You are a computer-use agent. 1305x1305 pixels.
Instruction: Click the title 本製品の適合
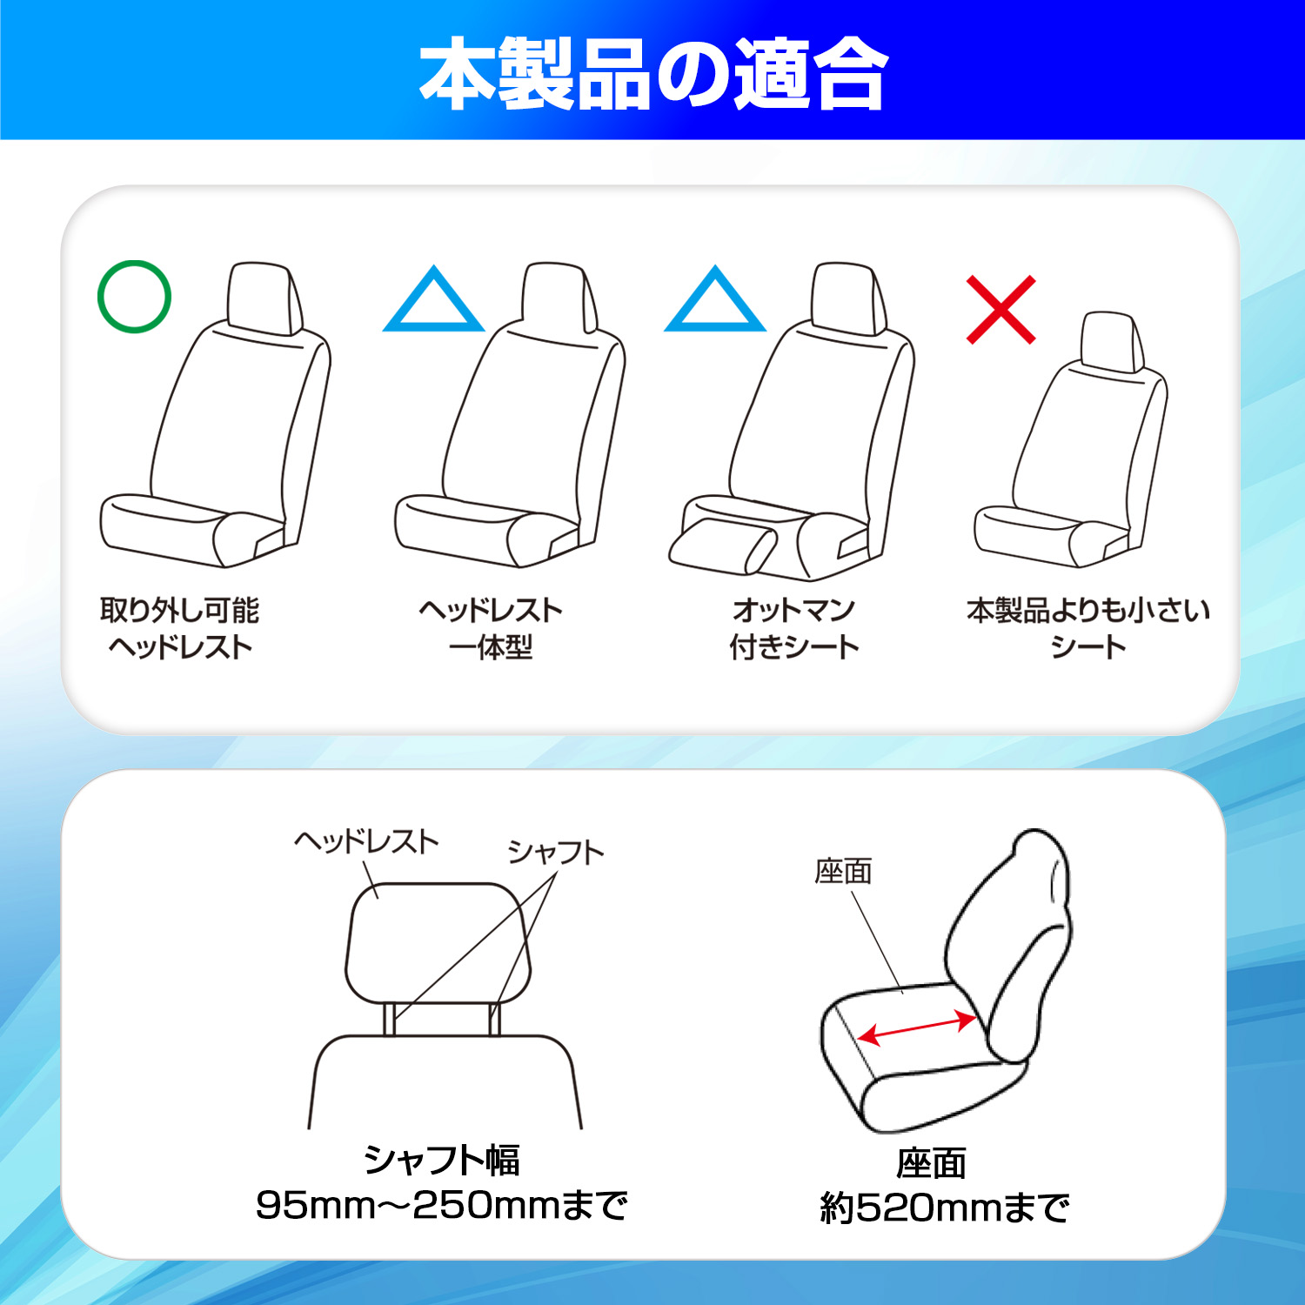pyautogui.click(x=653, y=74)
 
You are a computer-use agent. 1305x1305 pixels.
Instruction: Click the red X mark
pyautogui.click(x=1000, y=310)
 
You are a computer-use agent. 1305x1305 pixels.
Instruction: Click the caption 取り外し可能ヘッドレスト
pyautogui.click(x=180, y=628)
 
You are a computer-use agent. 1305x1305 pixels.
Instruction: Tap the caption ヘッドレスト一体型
pyautogui.click(x=491, y=628)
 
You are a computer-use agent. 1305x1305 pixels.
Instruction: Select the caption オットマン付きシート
pyautogui.click(x=793, y=628)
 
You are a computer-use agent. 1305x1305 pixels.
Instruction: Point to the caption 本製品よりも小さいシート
pyautogui.click(x=1088, y=628)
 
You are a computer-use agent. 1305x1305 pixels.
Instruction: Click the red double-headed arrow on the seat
pyautogui.click(x=917, y=1027)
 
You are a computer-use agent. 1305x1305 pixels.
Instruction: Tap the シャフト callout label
pyautogui.click(x=556, y=852)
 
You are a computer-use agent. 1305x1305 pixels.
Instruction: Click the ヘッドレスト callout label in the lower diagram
pyautogui.click(x=366, y=841)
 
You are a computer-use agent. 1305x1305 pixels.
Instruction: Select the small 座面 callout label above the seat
pyautogui.click(x=843, y=871)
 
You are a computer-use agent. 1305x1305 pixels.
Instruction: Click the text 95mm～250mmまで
pyautogui.click(x=442, y=1205)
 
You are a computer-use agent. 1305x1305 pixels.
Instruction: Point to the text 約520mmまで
pyautogui.click(x=944, y=1208)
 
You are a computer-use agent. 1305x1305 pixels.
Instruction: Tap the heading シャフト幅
pyautogui.click(x=442, y=1160)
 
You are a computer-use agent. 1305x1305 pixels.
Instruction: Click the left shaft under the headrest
pyautogui.click(x=389, y=1019)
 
